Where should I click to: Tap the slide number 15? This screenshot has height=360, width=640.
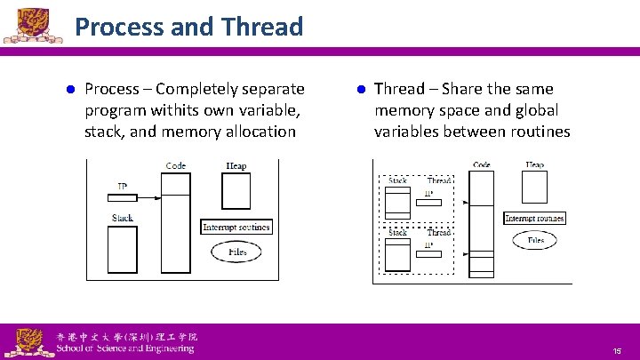tap(616, 351)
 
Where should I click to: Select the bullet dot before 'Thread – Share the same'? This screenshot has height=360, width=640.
tap(361, 90)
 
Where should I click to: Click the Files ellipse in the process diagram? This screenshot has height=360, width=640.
tap(236, 252)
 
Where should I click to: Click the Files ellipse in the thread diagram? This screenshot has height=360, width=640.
tap(535, 240)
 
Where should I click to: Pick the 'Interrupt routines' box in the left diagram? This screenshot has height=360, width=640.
tap(236, 227)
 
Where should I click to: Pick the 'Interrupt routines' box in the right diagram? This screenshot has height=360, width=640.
tap(534, 218)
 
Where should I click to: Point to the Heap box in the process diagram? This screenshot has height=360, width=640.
tap(236, 190)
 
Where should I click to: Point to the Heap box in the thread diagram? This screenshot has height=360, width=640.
tap(534, 188)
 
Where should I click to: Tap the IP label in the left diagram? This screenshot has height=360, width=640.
tap(123, 187)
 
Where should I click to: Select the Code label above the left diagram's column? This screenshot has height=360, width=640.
tap(176, 166)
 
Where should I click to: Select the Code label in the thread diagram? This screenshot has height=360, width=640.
tap(482, 165)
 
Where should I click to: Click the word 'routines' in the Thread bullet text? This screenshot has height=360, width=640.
tap(538, 132)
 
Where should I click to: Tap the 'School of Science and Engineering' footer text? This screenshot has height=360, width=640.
tap(124, 348)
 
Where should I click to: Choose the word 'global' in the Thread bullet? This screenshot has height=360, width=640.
tap(529, 110)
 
